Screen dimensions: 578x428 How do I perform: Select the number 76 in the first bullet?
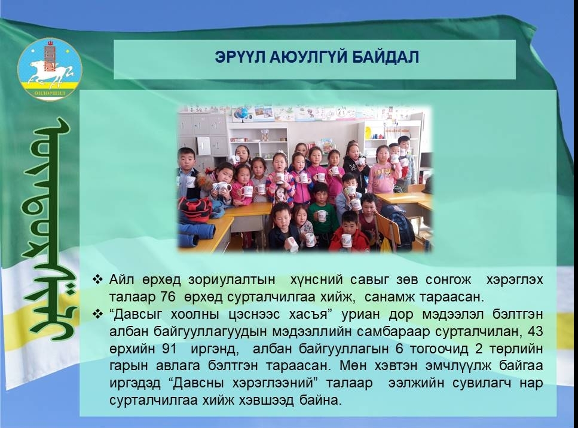pos(168,297)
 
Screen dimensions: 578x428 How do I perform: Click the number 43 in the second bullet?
pos(535,331)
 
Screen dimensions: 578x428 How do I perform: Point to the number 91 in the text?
pos(169,349)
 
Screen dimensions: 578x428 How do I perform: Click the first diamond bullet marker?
pos(97,279)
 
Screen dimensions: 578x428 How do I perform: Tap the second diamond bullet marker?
pos(97,314)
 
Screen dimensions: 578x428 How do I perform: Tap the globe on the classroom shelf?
pos(243,113)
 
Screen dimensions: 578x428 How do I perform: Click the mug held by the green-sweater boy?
pos(322,215)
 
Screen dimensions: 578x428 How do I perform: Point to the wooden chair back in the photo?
pos(388,226)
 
